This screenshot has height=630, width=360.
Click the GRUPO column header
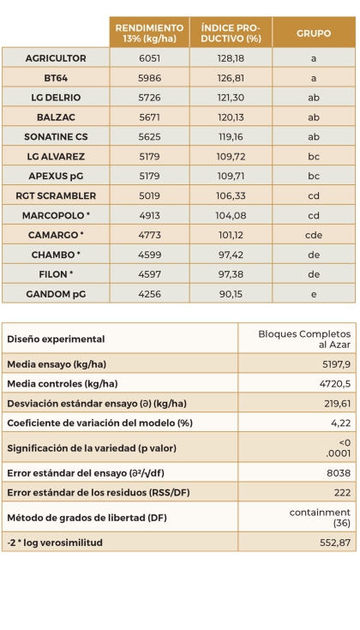[x=314, y=33]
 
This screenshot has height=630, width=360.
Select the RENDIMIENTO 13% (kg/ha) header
[x=149, y=33]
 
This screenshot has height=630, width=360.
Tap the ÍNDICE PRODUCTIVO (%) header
[x=230, y=33]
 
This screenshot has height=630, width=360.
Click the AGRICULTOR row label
[x=56, y=57]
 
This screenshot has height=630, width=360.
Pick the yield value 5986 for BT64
[x=149, y=77]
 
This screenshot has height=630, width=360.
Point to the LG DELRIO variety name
[x=56, y=97]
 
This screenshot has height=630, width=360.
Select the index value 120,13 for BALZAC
[x=230, y=117]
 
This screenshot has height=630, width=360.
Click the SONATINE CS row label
[x=56, y=135]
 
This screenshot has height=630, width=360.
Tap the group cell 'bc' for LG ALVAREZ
[x=314, y=155]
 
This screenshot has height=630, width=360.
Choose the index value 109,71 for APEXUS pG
[x=230, y=175]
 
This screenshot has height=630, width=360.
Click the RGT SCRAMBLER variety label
[x=56, y=195]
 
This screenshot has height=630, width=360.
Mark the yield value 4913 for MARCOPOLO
[x=149, y=214]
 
